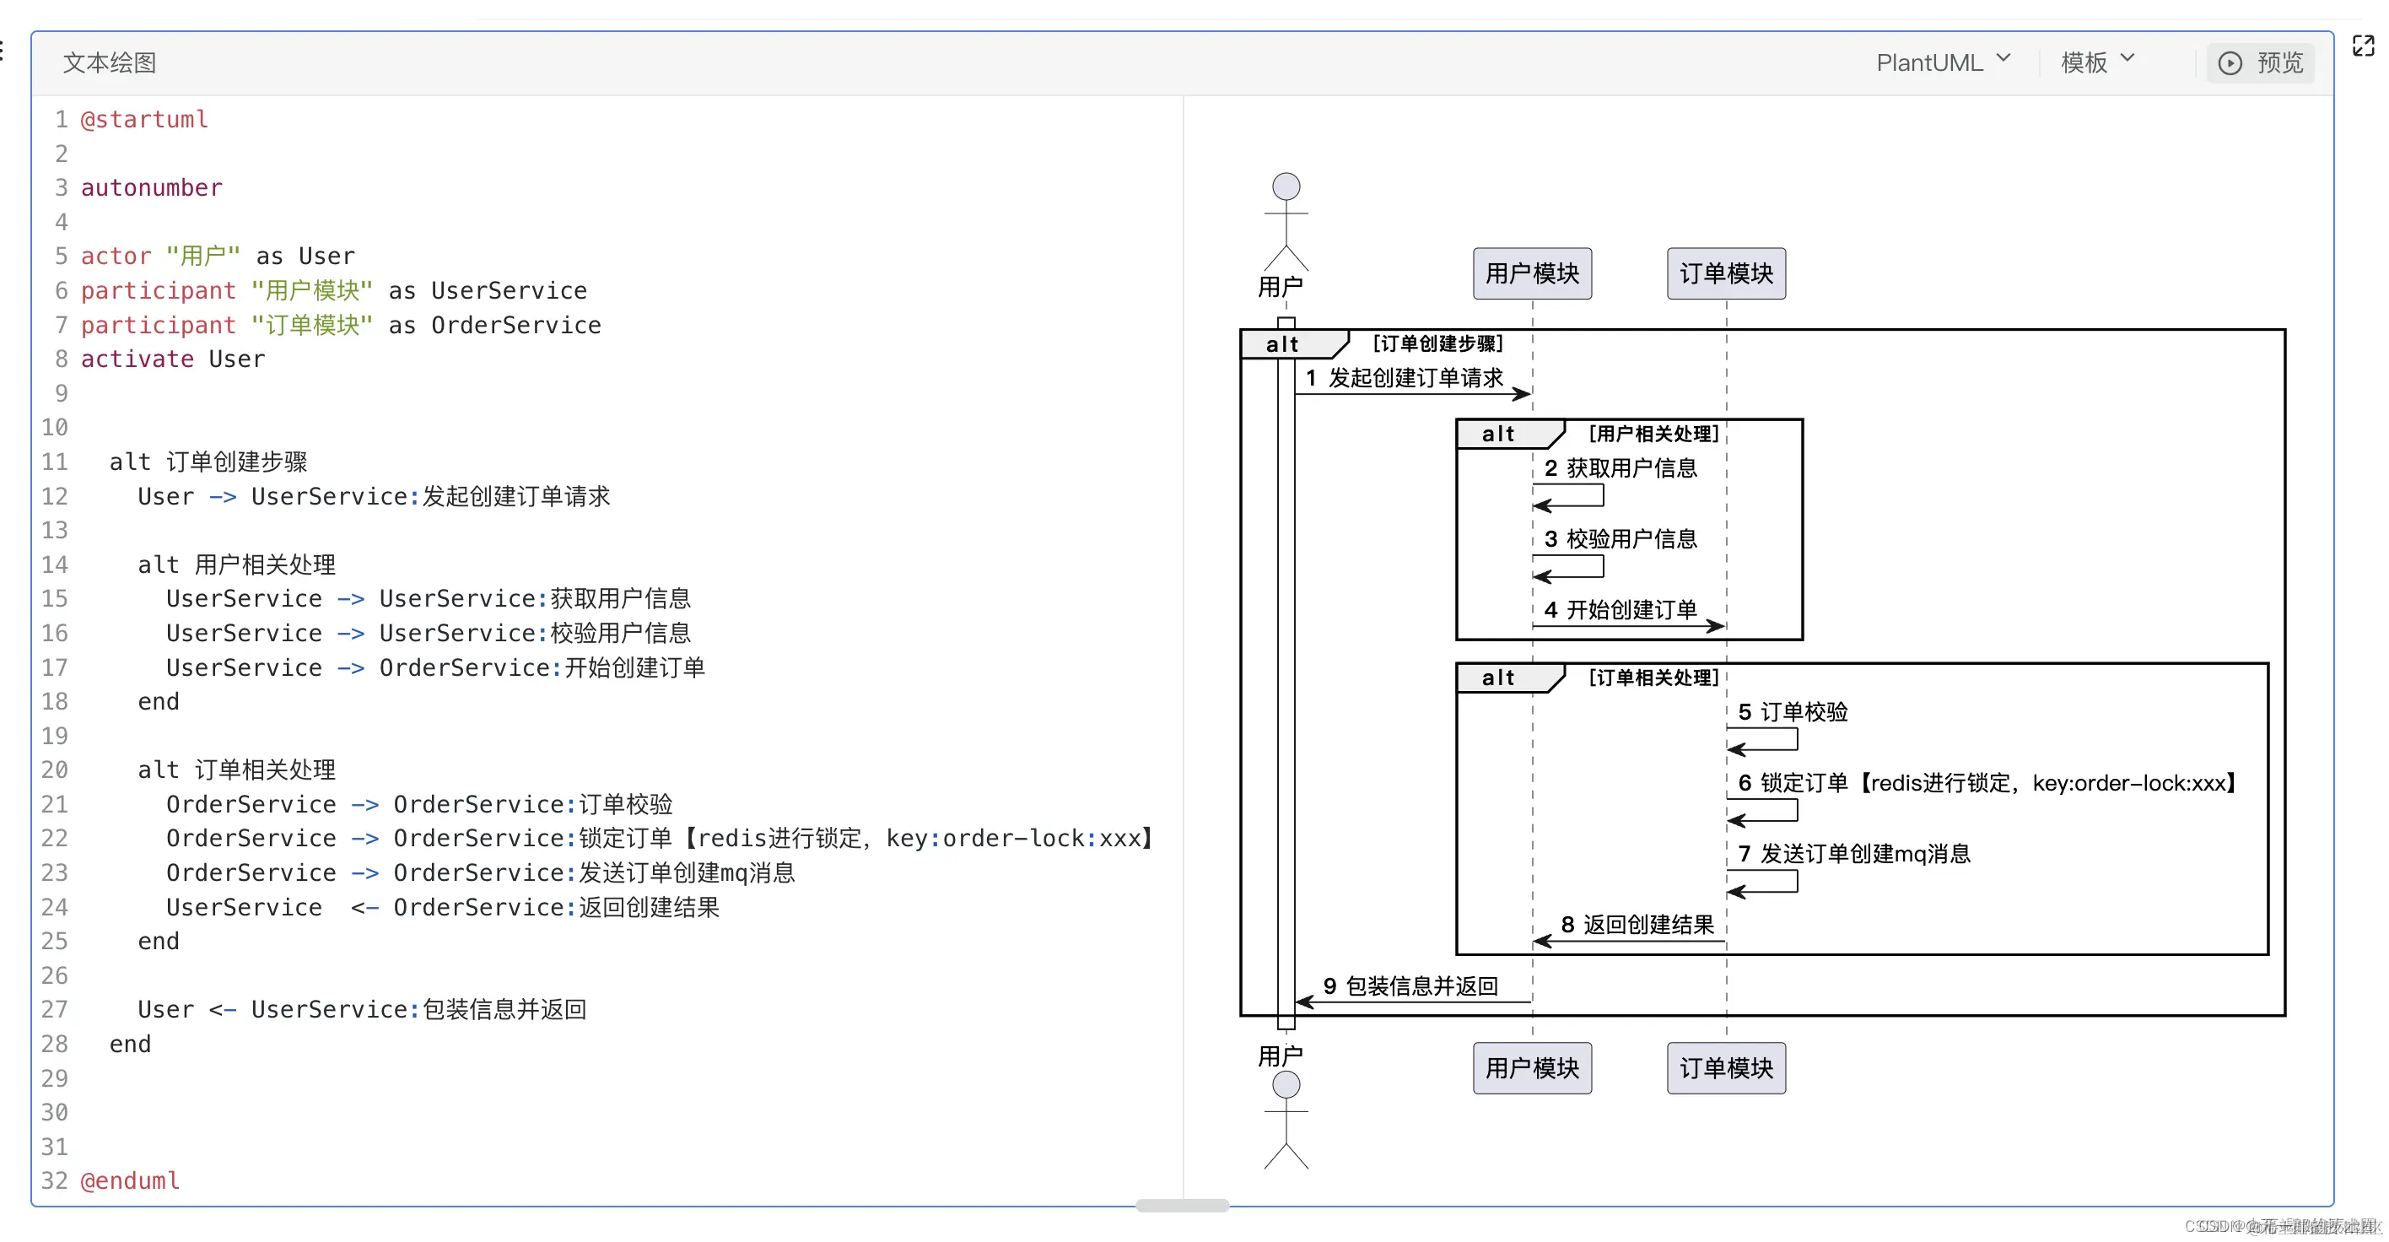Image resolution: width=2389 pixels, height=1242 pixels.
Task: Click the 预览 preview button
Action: pos(2260,63)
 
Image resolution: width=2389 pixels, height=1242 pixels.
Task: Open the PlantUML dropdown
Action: pos(1942,62)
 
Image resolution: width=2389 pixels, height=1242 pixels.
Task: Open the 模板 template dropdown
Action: pos(2096,62)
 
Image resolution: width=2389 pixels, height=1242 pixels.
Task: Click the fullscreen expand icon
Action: pos(2363,46)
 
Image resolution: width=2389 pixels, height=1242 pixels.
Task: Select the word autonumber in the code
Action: pos(151,187)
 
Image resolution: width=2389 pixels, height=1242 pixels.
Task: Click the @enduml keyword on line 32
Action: pos(130,1180)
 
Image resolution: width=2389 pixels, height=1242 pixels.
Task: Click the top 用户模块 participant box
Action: pos(1532,273)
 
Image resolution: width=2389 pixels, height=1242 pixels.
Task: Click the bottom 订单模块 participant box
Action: pos(1726,1067)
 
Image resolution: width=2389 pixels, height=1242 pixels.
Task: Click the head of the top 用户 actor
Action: pos(1286,186)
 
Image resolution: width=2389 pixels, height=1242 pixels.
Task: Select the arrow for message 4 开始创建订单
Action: pos(1627,626)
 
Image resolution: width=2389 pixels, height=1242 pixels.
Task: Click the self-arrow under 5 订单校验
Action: pos(1762,740)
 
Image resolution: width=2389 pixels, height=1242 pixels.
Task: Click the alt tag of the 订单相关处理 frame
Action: pos(1496,678)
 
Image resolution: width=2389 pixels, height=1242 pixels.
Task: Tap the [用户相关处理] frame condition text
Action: pos(1653,433)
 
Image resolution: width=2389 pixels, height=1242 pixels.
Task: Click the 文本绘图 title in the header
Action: pos(110,62)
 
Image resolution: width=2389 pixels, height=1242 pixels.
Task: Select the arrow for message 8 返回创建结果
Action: pos(1627,942)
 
